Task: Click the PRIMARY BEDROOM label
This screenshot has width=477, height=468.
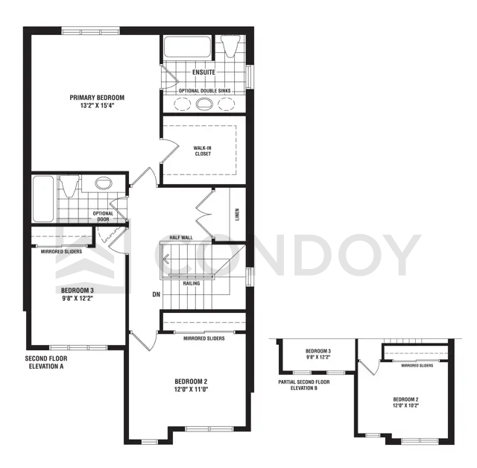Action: [97, 98]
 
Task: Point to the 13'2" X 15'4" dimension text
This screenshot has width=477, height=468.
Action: [97, 106]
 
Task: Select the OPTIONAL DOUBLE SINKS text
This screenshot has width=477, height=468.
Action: [203, 90]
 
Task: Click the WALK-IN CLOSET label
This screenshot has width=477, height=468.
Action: [203, 151]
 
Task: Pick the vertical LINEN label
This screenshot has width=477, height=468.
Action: [236, 215]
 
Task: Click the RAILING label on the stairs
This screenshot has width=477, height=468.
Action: [190, 282]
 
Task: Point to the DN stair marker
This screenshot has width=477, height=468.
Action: [157, 294]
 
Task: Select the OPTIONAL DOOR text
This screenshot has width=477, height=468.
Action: [103, 217]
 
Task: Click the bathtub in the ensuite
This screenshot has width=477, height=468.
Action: [186, 49]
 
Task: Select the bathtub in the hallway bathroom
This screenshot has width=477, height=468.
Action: [42, 199]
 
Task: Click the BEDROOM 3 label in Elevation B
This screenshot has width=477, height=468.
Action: [318, 350]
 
